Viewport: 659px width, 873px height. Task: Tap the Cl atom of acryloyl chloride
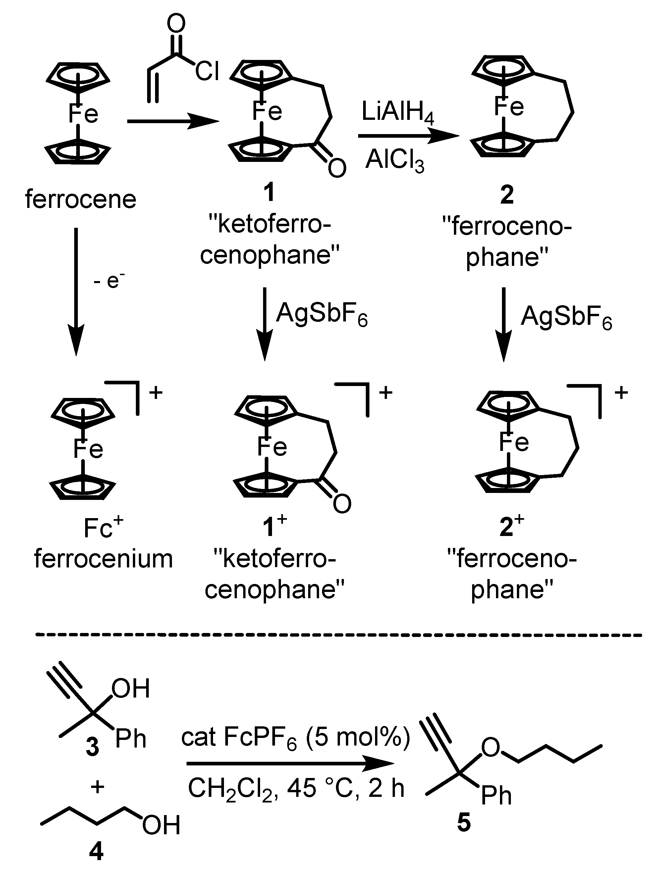tap(207, 72)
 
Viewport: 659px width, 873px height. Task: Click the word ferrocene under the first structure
tap(81, 199)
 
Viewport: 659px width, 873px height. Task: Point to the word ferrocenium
tap(103, 559)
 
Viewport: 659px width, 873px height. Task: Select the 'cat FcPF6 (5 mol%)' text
tap(296, 737)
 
